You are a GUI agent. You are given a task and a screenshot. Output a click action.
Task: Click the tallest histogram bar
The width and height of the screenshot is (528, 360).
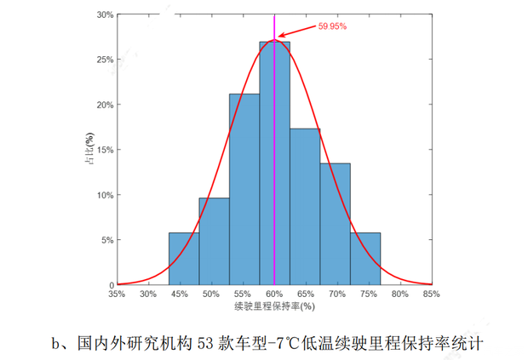tap(274, 162)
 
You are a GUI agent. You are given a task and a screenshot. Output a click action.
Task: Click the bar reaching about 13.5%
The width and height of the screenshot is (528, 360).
tap(335, 223)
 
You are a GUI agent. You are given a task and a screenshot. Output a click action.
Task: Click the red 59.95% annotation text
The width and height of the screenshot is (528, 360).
tap(332, 26)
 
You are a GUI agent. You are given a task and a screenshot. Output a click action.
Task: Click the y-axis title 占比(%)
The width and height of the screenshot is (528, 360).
tap(90, 149)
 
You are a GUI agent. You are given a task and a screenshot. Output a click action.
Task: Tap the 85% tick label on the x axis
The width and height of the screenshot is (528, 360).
tap(431, 294)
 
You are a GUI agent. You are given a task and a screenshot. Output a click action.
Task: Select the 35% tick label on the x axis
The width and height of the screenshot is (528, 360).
tap(118, 294)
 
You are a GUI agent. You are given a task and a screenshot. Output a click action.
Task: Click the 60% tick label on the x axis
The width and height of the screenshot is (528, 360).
tap(274, 294)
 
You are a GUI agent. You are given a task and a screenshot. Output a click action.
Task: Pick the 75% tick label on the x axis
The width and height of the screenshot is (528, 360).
tap(368, 294)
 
